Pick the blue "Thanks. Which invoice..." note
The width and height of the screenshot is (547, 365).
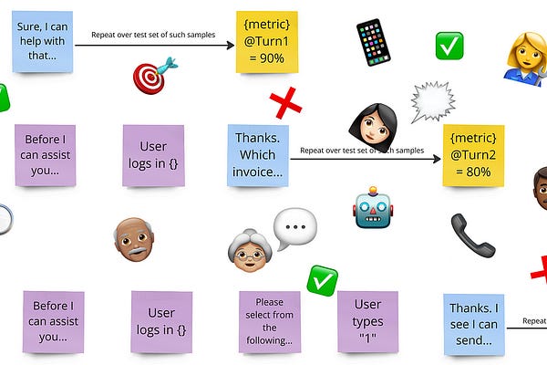pyautogui.click(x=257, y=156)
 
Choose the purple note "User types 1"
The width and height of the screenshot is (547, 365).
pyautogui.click(x=367, y=320)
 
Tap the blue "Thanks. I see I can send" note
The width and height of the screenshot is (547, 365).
pyautogui.click(x=473, y=324)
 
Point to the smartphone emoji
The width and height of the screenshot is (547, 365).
pyautogui.click(x=372, y=42)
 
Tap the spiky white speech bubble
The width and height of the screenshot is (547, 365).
pyautogui.click(x=432, y=101)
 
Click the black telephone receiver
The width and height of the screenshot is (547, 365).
pyautogui.click(x=472, y=235)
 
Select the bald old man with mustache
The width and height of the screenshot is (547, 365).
pyautogui.click(x=133, y=240)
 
